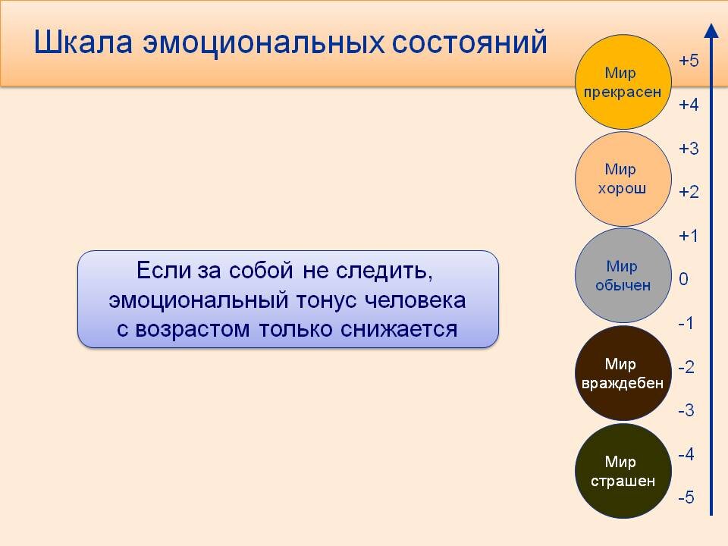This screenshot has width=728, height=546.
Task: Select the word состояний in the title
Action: (x=468, y=42)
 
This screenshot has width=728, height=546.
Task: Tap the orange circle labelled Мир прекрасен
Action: (x=623, y=82)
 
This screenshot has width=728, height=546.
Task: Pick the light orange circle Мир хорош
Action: (x=623, y=179)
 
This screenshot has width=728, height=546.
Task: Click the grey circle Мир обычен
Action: (x=623, y=275)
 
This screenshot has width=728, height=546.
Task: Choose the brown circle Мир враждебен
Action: (x=623, y=373)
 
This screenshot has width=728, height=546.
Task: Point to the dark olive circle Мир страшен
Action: (x=623, y=471)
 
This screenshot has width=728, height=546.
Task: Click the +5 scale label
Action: (x=688, y=61)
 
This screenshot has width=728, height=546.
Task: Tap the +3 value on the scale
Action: (x=688, y=149)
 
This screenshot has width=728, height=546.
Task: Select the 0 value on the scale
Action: (x=684, y=280)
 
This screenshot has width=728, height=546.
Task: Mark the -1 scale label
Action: (x=686, y=323)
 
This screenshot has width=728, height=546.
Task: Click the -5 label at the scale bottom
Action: (x=686, y=498)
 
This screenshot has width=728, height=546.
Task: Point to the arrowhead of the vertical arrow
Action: (x=711, y=30)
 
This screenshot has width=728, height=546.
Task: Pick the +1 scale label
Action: (x=688, y=236)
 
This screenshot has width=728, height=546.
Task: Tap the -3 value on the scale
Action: (x=686, y=411)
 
